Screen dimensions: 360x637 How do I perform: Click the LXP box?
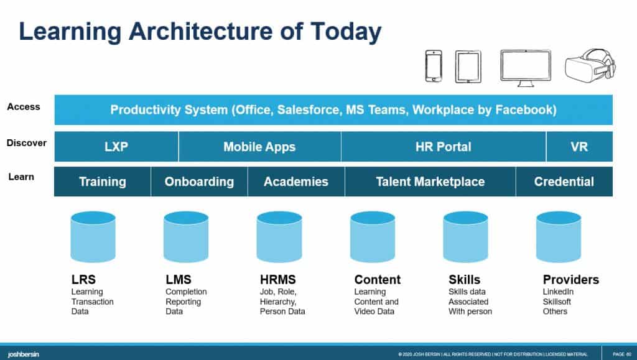tap(116, 147)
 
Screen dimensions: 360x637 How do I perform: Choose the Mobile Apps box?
tap(259, 147)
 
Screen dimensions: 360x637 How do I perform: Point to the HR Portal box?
tap(444, 147)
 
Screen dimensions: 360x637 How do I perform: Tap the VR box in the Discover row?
tap(579, 147)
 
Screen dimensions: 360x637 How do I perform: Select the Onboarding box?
tap(199, 182)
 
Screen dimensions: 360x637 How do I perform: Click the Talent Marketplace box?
tap(430, 182)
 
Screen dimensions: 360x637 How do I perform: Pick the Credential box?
tap(564, 182)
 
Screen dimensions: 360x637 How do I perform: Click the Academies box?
tap(296, 182)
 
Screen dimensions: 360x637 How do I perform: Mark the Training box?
tap(103, 182)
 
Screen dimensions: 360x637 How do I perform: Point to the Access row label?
tap(24, 107)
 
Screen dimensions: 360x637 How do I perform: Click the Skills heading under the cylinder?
tap(465, 280)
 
